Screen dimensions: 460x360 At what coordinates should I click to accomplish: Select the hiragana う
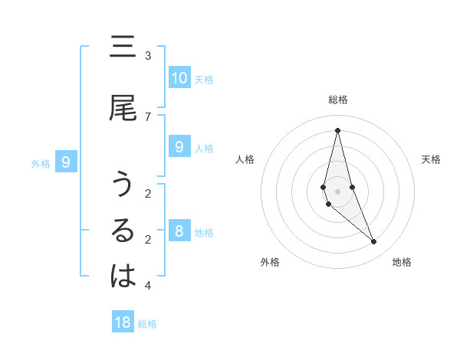(x=123, y=186)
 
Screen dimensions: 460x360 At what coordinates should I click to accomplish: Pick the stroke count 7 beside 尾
(x=147, y=116)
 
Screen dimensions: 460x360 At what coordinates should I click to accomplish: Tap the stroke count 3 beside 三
(x=147, y=56)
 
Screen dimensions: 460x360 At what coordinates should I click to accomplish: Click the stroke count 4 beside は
(x=147, y=286)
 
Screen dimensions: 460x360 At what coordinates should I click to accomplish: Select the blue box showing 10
(x=179, y=77)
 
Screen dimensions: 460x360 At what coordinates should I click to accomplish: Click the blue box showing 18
(x=123, y=322)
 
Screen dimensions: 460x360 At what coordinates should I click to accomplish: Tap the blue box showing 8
(x=179, y=231)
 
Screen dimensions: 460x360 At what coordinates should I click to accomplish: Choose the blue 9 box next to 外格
(x=67, y=162)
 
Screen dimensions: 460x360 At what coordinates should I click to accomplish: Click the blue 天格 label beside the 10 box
(x=204, y=79)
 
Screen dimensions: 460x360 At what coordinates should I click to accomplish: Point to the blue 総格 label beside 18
(x=147, y=324)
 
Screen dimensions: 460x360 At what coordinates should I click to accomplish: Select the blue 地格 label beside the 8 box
(x=204, y=233)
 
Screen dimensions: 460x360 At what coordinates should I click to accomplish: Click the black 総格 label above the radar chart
(x=338, y=100)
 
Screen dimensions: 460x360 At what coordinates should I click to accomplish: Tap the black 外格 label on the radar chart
(x=270, y=263)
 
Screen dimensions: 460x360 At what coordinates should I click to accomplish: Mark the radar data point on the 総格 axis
(x=337, y=130)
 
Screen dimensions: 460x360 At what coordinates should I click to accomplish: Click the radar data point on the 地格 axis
(x=374, y=242)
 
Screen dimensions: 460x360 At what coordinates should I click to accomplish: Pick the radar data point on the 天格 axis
(x=352, y=187)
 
